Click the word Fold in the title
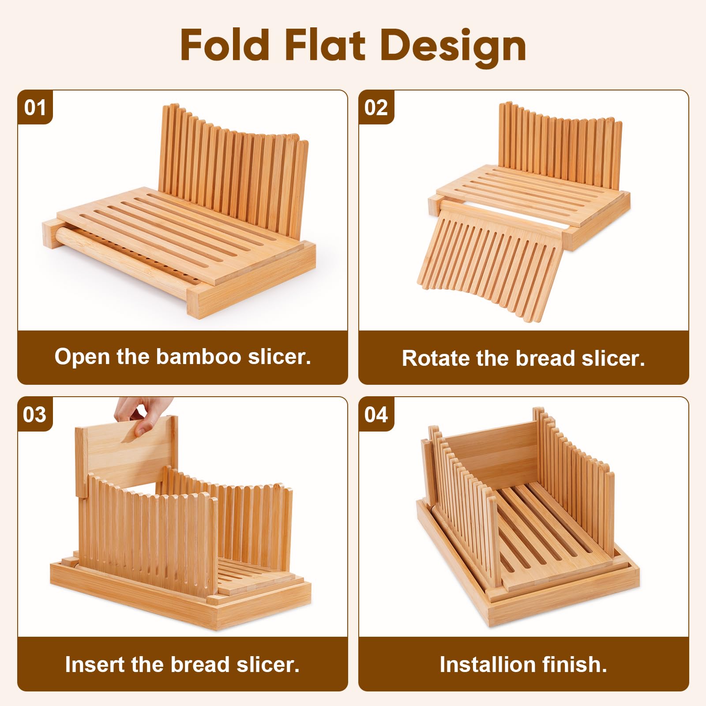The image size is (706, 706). [x=225, y=45]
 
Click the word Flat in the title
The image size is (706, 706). [x=325, y=45]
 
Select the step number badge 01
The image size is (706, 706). [x=35, y=108]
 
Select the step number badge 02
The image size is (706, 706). [x=376, y=108]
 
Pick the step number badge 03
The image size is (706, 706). [x=35, y=415]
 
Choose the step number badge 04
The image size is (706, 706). [x=376, y=415]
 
